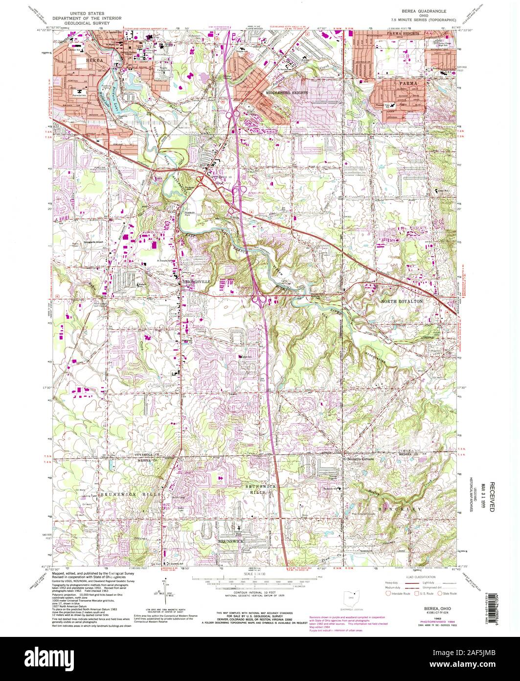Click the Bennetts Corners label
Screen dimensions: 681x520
(361, 459)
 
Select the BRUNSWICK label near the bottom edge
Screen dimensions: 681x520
(231, 541)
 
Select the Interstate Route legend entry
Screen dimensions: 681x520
(396, 593)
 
